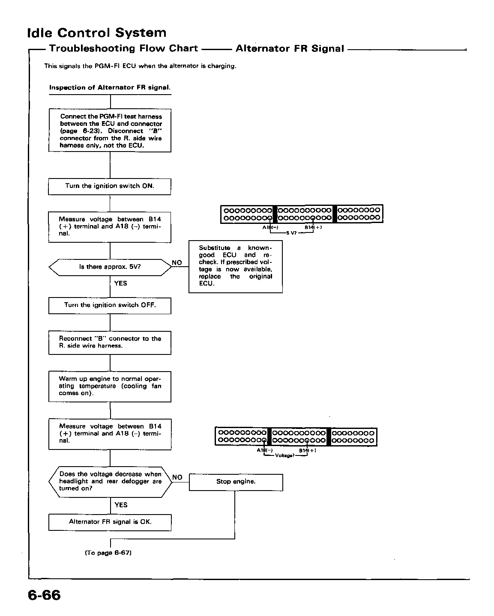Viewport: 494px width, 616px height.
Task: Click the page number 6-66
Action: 44,595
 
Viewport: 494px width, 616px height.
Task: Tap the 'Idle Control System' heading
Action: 97,33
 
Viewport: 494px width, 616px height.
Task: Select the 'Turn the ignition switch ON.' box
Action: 109,187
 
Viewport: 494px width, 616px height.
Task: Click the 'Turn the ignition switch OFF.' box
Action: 110,306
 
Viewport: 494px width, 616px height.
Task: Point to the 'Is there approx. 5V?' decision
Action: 110,268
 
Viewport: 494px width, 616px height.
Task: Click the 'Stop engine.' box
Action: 236,482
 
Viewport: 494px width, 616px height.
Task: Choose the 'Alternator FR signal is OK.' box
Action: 110,522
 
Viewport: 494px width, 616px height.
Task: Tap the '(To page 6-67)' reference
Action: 108,553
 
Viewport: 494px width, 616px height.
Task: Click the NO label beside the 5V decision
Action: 177,262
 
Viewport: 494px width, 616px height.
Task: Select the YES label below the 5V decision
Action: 120,283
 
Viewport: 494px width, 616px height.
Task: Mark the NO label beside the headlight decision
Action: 177,477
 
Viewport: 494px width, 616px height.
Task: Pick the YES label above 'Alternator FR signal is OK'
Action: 121,505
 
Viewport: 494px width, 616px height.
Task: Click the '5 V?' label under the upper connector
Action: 291,233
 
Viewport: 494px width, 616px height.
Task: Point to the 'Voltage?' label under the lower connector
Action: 284,455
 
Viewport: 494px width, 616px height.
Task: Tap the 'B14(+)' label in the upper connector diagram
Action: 313,227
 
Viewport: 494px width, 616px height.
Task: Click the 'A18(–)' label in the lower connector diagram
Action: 264,450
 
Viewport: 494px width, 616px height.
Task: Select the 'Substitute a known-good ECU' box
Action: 236,267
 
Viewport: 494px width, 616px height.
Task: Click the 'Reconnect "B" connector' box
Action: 110,342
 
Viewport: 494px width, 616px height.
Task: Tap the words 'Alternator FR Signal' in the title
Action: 290,48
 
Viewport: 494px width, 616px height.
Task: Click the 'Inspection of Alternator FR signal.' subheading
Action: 110,87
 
